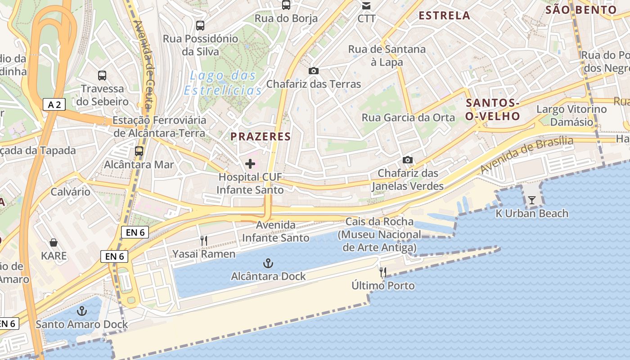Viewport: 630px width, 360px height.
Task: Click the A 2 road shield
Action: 54,105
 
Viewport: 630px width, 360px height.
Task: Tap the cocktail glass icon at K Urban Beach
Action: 532,200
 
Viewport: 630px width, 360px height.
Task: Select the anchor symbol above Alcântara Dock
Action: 268,263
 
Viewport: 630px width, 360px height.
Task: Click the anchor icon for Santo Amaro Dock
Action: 82,310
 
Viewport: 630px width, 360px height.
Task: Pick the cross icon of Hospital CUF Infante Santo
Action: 250,164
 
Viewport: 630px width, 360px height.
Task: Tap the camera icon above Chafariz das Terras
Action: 314,71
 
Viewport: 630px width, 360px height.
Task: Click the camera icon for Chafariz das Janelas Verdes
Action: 408,160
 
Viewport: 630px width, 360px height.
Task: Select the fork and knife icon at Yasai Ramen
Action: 204,241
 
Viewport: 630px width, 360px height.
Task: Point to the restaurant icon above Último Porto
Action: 383,272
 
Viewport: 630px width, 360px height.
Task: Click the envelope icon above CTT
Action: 366,6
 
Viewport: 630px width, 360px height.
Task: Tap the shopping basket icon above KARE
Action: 54,243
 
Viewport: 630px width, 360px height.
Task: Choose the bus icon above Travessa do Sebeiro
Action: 102,75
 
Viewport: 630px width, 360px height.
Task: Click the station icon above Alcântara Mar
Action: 139,151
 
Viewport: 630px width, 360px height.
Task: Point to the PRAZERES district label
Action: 261,136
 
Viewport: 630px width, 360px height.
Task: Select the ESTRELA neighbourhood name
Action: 444,16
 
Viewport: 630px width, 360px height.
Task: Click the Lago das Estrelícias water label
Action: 223,83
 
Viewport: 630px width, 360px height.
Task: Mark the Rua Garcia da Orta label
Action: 409,118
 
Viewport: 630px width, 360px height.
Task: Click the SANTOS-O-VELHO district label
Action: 493,109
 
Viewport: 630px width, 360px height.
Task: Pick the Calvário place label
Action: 70,192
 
